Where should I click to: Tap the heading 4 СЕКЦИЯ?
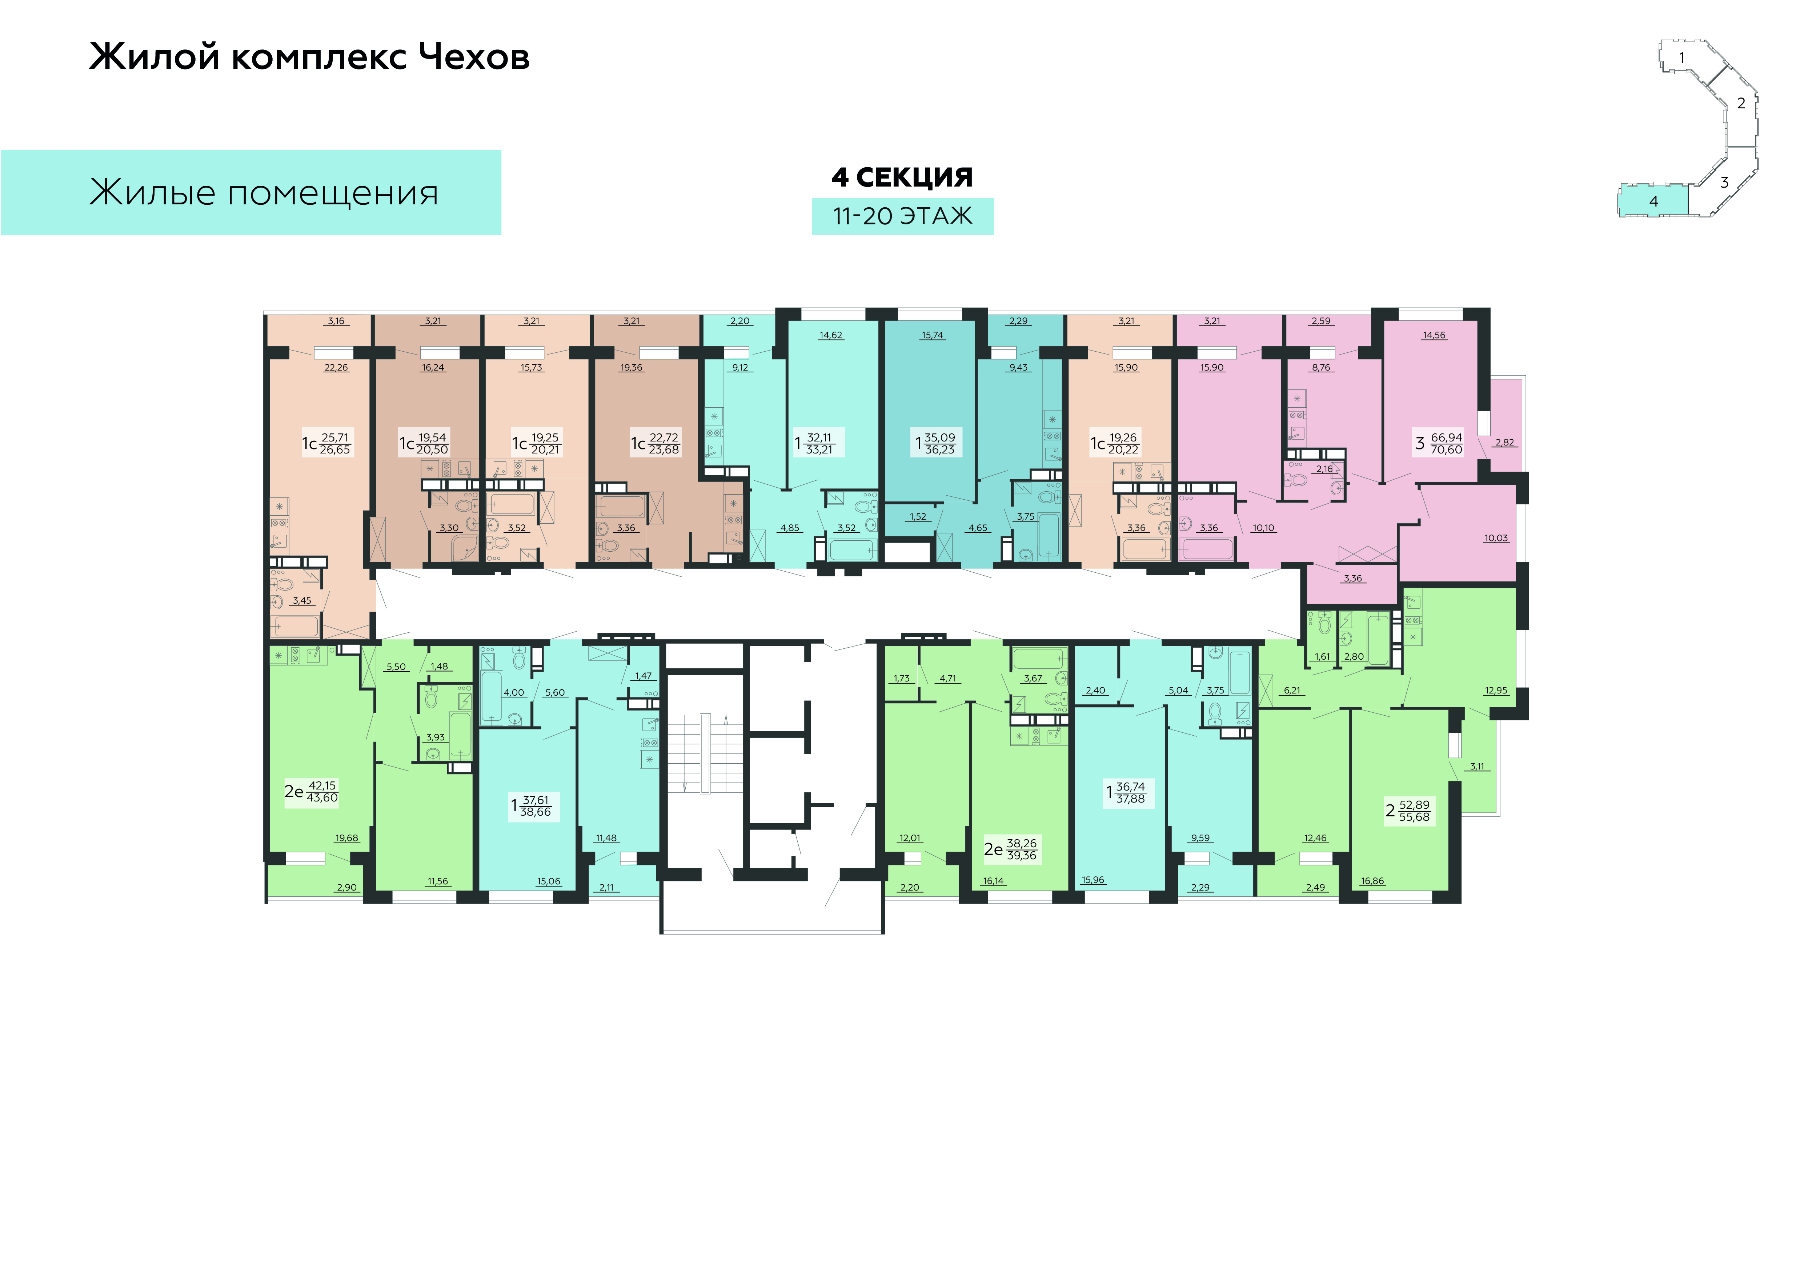tap(902, 177)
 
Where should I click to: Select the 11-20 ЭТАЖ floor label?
tap(902, 216)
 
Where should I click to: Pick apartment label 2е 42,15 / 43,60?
tap(311, 791)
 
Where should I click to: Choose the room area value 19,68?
tap(346, 838)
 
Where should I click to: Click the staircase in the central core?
tap(705, 754)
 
